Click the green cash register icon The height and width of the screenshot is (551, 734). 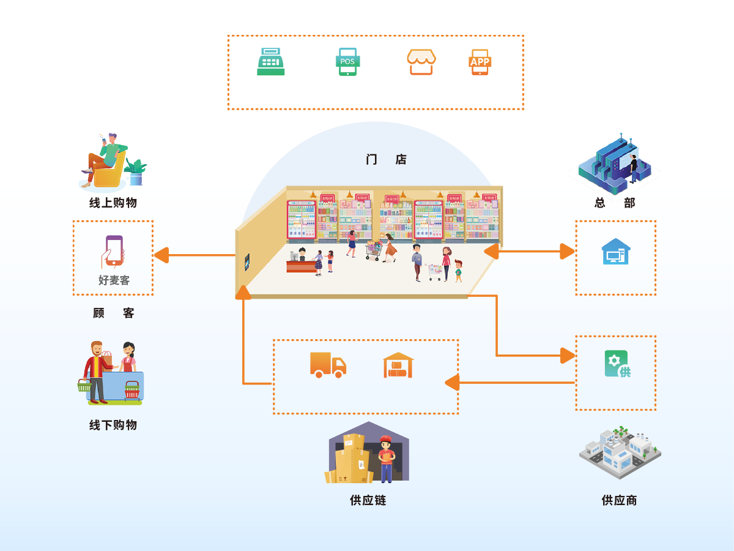pos(271,62)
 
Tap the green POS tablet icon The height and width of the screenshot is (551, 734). pos(347,62)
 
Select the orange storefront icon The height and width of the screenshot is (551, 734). pos(421,62)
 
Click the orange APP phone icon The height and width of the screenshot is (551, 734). pos(480,62)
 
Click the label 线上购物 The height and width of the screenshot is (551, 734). pos(113,203)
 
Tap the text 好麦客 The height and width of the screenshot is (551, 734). pos(114,280)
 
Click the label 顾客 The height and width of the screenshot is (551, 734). pos(114,313)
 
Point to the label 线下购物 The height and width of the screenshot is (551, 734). pos(113,425)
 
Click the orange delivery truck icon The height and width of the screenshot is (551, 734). pos(328,365)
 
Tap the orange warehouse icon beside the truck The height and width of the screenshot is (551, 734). pos(398,365)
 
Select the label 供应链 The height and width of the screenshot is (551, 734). pos(368,500)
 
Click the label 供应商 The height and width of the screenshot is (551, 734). pos(619,500)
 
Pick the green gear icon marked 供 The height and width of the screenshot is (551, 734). pos(617,364)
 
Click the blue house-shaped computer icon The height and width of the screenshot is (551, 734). pos(615,252)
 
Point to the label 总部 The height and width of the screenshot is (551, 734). pos(615,203)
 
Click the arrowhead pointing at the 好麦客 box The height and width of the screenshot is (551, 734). pos(161,255)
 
